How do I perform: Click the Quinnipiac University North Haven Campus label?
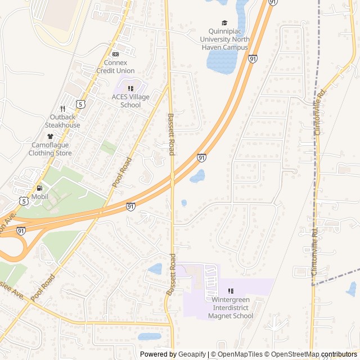point(224,43)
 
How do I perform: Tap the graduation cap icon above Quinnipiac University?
point(224,23)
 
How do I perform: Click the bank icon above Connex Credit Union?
point(115,54)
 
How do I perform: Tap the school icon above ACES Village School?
point(130,88)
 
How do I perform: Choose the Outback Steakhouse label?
point(62,121)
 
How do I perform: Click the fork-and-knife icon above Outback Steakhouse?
point(62,109)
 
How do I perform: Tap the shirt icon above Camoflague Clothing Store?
point(50,136)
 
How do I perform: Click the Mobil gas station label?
point(39,196)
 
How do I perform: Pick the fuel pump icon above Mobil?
point(39,188)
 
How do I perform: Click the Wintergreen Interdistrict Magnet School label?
point(231,308)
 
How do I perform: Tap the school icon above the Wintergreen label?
point(231,291)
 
